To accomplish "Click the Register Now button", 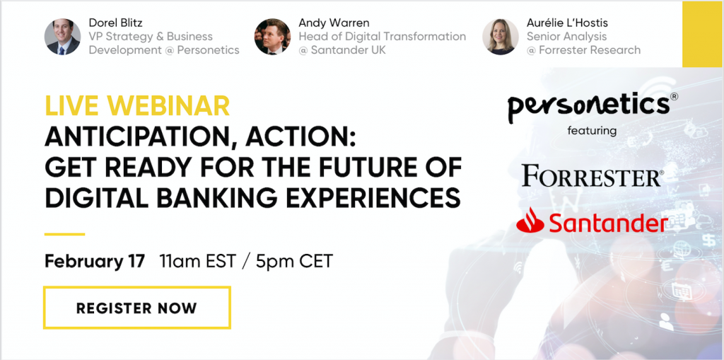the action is pyautogui.click(x=136, y=308).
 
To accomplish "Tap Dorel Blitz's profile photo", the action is pyautogui.click(x=62, y=37).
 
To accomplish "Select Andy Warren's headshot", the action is pyautogui.click(x=272, y=37).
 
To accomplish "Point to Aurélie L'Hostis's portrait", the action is pyautogui.click(x=501, y=37).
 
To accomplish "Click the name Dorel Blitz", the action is pyautogui.click(x=115, y=22).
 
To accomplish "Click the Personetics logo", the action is pyautogui.click(x=593, y=106).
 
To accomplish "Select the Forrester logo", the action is pyautogui.click(x=593, y=176).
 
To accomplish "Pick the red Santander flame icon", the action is pyautogui.click(x=530, y=220).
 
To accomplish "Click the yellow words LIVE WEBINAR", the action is pyautogui.click(x=137, y=105).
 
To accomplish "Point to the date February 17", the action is pyautogui.click(x=95, y=261).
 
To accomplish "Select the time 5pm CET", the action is pyautogui.click(x=295, y=261).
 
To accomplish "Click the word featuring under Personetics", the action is pyautogui.click(x=592, y=131).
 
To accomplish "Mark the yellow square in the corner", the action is pyautogui.click(x=702, y=34).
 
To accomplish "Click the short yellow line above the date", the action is pyautogui.click(x=64, y=234).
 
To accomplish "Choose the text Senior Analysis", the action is pyautogui.click(x=566, y=36).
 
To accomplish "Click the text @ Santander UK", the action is pyautogui.click(x=342, y=50).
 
